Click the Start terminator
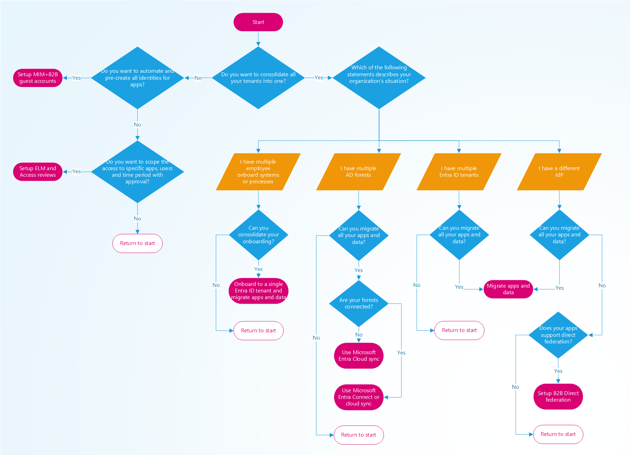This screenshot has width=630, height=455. tap(258, 22)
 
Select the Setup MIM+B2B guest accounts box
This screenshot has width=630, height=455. tap(38, 78)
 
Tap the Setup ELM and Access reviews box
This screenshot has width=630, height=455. tap(38, 172)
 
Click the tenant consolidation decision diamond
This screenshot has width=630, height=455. tap(258, 78)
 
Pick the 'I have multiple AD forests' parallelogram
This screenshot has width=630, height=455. tap(358, 172)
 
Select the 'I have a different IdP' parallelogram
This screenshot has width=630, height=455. tap(559, 172)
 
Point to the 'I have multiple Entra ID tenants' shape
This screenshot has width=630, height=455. tap(459, 172)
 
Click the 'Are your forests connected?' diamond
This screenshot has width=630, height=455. tap(359, 303)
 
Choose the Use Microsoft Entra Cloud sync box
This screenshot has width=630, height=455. tap(359, 356)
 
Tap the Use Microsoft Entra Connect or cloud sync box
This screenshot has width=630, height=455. tap(359, 397)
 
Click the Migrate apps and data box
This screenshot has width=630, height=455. tap(508, 289)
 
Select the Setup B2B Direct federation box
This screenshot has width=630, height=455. tap(558, 396)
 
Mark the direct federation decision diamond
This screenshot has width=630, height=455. tap(558, 335)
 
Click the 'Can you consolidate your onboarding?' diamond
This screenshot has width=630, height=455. tap(258, 235)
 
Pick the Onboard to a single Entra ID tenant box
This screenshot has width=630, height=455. tap(258, 291)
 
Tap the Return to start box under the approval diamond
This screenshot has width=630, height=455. tap(137, 243)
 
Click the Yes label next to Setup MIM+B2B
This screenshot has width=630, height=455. tap(77, 78)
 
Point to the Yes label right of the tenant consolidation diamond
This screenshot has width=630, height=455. tap(318, 78)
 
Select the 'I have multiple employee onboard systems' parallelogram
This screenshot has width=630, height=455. tap(258, 172)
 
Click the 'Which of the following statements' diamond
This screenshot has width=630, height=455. tap(379, 78)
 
